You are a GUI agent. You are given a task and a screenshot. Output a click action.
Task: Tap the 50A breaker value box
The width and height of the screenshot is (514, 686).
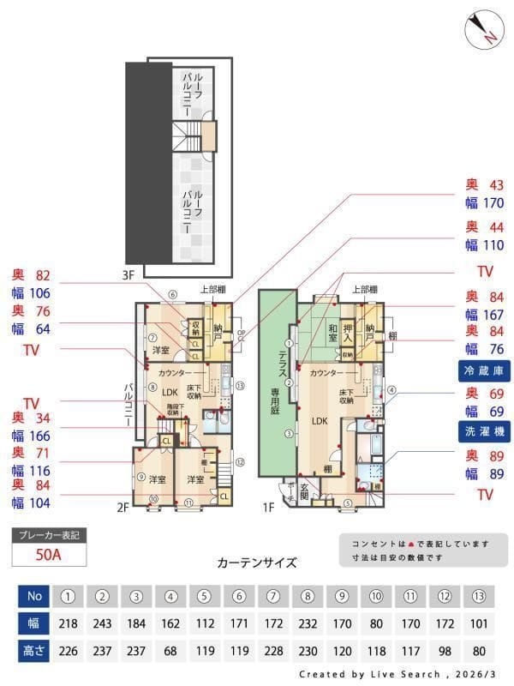pos(49,554)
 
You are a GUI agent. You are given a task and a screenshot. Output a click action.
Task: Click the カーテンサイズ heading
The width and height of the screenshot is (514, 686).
pos(256,563)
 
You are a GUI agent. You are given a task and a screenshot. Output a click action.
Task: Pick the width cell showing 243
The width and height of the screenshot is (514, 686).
pos(101,624)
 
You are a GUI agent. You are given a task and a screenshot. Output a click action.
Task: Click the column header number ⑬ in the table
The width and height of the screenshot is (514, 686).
pos(481,596)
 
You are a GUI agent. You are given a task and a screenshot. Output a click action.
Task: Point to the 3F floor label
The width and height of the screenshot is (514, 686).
pos(129,275)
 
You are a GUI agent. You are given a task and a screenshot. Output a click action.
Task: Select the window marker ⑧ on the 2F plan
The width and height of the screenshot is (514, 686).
pos(152,388)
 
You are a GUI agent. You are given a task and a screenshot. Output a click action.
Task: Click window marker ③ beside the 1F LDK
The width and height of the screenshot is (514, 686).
pos(290,434)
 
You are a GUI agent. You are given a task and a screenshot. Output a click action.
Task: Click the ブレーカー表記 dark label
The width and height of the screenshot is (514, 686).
pos(49,534)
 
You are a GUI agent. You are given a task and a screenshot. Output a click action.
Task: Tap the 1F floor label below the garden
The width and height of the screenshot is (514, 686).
pos(268,507)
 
